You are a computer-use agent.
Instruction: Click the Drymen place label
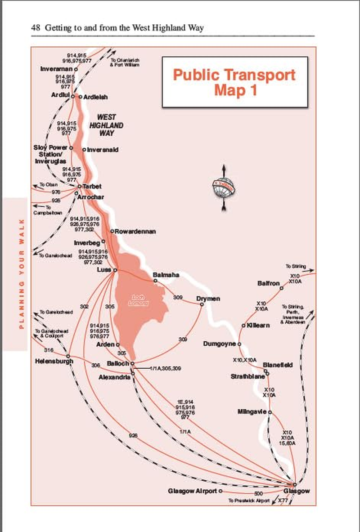click(207, 298)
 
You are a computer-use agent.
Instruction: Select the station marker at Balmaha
click(155, 281)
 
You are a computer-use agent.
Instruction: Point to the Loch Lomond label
click(138, 300)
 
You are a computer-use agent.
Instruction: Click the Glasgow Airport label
click(192, 491)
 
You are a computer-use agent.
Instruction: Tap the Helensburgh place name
click(54, 361)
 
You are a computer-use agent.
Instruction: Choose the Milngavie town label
click(252, 411)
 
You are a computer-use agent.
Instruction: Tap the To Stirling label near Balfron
click(295, 266)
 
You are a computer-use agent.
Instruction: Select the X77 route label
click(283, 501)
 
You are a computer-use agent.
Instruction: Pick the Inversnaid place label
click(102, 149)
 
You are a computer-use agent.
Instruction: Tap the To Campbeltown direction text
click(47, 210)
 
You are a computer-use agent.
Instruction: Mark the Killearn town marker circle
click(243, 325)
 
